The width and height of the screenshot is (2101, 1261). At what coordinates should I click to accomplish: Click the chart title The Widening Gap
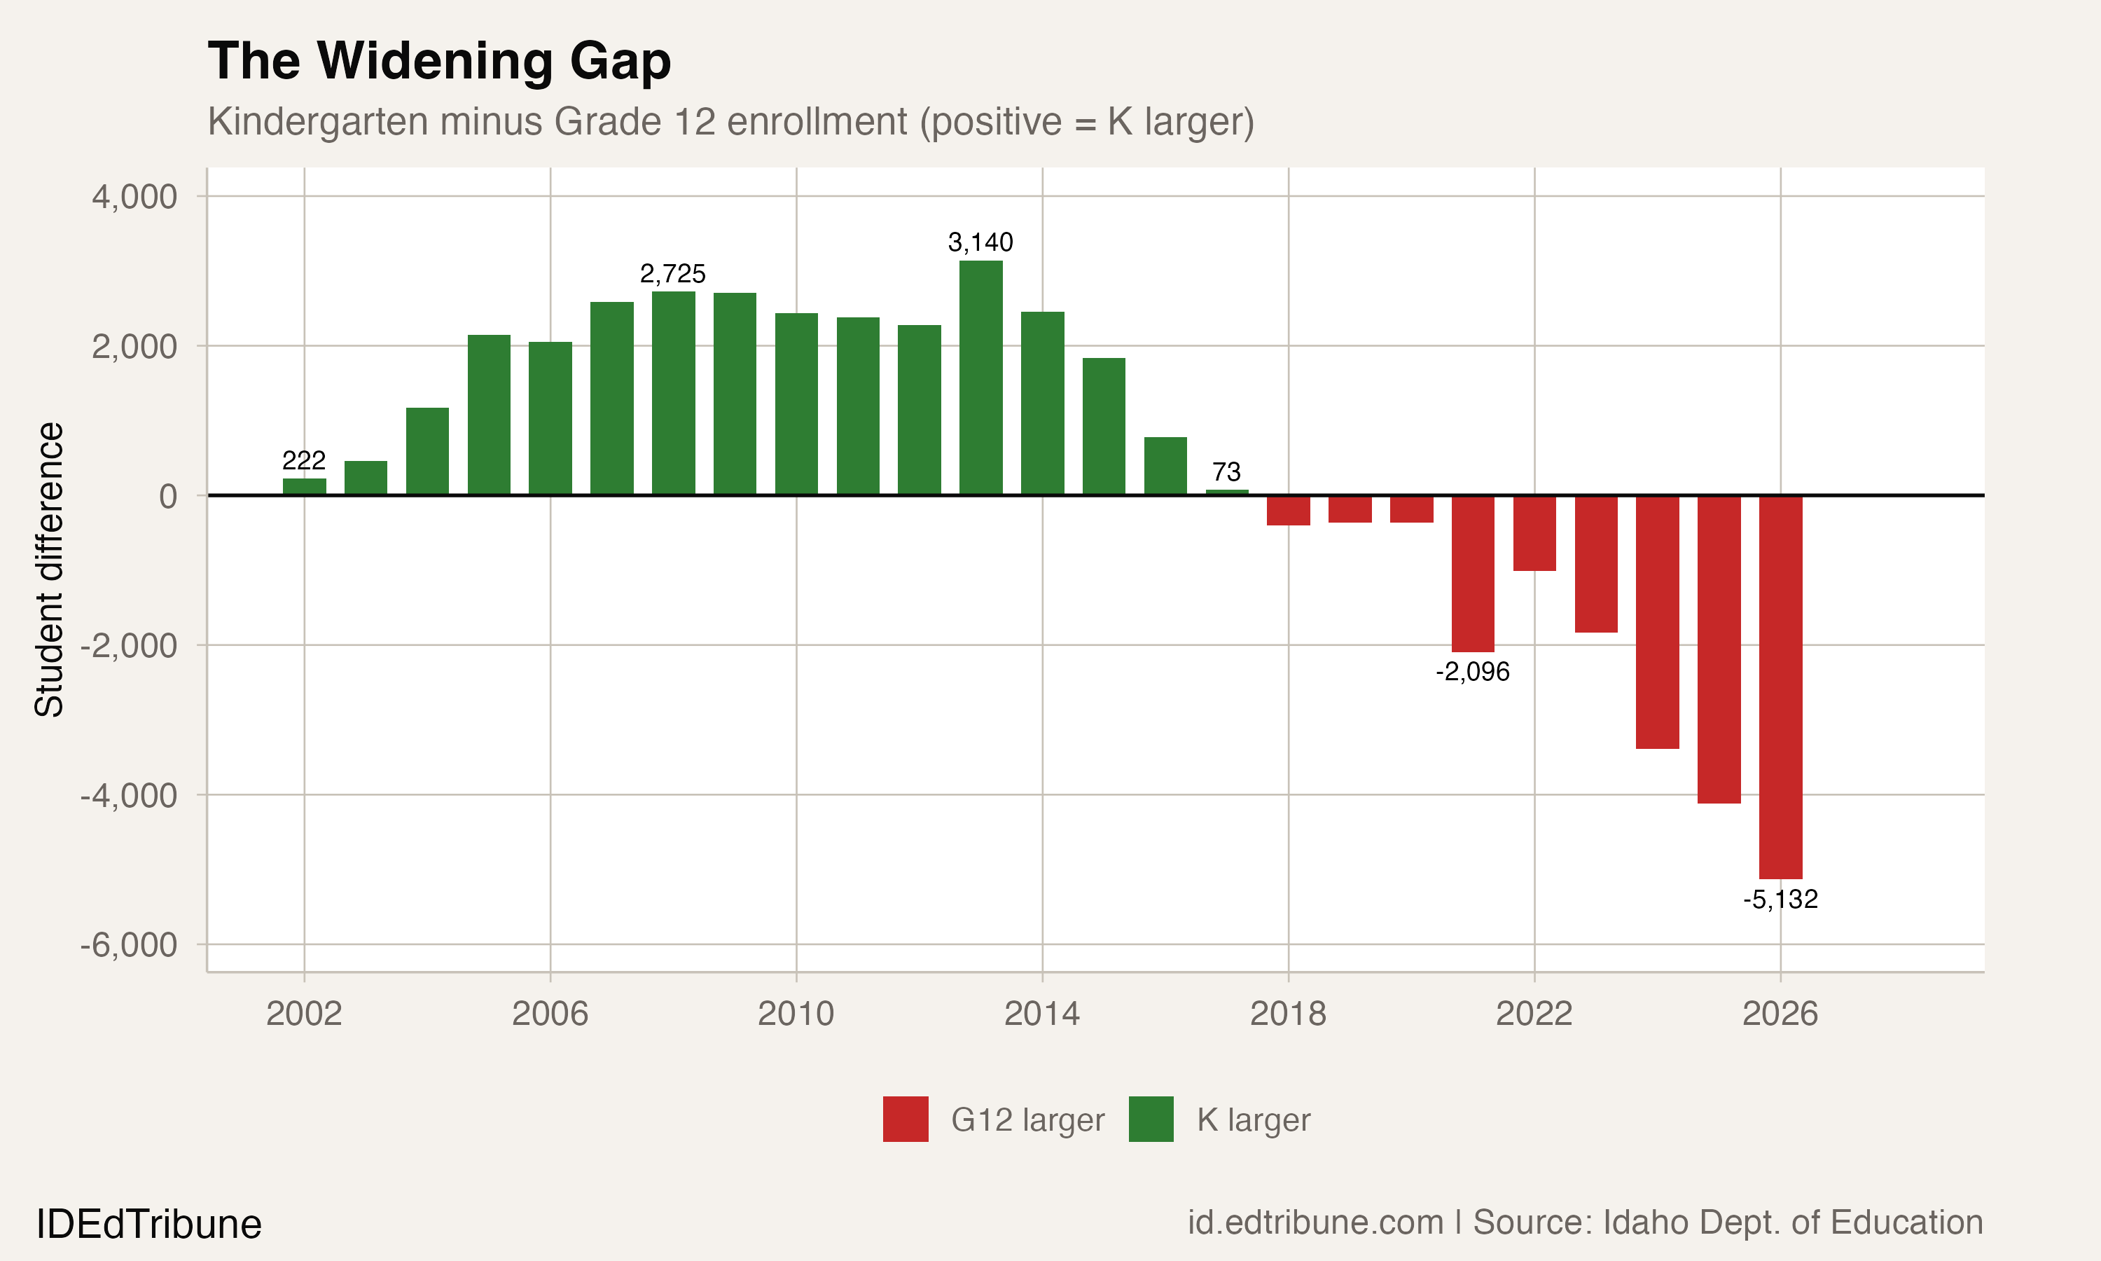pos(439,61)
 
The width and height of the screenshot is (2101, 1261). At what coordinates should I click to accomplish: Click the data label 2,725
pos(672,274)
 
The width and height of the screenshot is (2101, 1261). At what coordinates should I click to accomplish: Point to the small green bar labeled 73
pos(1226,492)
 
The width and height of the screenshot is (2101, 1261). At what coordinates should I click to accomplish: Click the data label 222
pos(304,460)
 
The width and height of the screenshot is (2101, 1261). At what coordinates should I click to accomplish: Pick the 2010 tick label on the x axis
pos(796,1014)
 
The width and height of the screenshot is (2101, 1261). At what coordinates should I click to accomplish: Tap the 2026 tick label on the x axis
pos(1780,1014)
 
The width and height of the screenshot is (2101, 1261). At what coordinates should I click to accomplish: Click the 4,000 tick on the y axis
pos(135,197)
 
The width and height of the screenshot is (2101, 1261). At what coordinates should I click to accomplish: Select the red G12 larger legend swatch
pos(906,1119)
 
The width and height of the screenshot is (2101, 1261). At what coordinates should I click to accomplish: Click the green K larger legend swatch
pos(1151,1119)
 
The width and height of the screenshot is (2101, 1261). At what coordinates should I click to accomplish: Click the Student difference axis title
pos(49,570)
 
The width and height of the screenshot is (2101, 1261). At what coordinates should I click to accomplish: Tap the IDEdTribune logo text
pos(148,1225)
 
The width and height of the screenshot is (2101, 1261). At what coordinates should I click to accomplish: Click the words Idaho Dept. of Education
pos(1793,1222)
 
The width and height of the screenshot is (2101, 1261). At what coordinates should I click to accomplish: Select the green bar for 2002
pos(304,487)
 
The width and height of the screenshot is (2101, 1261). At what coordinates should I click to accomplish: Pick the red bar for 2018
pos(1289,511)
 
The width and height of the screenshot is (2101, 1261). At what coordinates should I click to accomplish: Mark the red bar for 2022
pos(1534,534)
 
